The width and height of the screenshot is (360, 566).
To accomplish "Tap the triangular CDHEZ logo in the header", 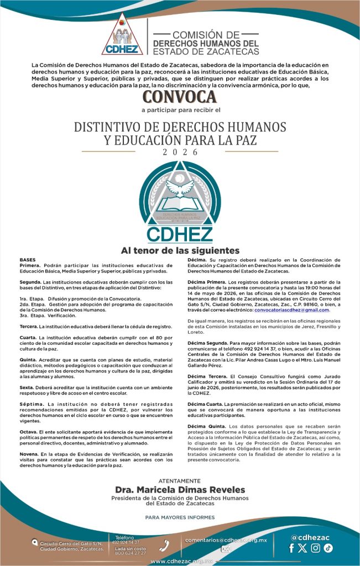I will click(x=122, y=35).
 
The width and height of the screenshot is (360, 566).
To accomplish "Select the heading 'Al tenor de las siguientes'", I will click(x=180, y=250).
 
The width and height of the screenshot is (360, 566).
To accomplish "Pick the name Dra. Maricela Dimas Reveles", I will click(x=180, y=490).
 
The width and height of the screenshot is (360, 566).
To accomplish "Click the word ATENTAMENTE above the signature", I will click(x=180, y=481).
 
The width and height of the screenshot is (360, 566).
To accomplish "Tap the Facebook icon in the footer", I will click(x=292, y=548).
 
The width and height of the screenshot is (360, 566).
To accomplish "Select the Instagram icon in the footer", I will click(x=315, y=548).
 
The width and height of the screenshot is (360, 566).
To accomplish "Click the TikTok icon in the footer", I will click(x=328, y=548).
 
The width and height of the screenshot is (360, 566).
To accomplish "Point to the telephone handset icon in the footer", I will click(x=164, y=545).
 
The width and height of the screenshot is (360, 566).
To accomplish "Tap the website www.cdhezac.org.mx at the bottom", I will click(x=180, y=561).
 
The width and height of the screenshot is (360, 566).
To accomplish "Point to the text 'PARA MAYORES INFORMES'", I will click(x=180, y=517).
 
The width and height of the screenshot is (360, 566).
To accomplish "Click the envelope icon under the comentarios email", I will click(x=226, y=549).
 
